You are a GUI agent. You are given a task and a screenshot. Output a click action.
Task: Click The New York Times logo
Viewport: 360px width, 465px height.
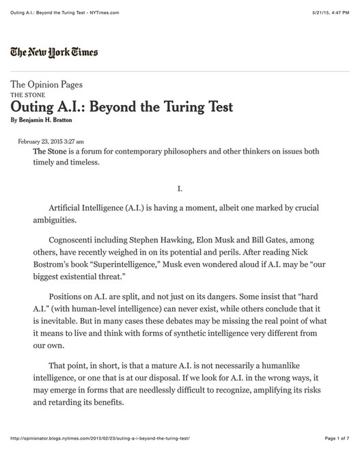[54, 53]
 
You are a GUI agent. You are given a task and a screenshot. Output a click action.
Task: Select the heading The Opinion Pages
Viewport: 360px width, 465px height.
[46, 85]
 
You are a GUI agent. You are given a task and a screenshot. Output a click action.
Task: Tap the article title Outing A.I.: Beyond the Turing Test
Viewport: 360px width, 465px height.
[122, 107]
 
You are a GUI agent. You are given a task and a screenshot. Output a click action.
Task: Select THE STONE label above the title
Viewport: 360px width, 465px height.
[26, 95]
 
